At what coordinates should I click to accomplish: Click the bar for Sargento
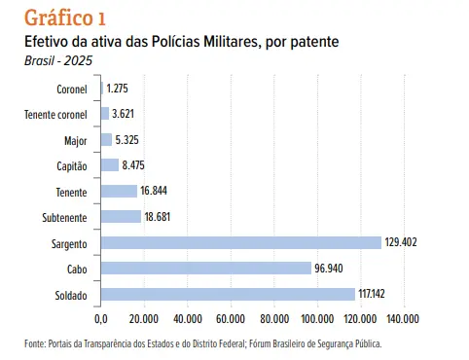click(241, 243)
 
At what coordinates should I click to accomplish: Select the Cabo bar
click(206, 269)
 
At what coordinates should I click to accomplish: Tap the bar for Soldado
click(228, 294)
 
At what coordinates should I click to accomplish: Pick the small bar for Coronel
click(102, 89)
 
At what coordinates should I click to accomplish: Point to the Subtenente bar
click(121, 217)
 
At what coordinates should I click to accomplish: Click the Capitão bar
click(110, 165)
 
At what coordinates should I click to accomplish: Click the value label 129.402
click(401, 242)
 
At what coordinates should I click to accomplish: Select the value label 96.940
click(329, 269)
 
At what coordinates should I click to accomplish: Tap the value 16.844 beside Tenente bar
click(154, 191)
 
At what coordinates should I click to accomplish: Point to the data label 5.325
click(126, 140)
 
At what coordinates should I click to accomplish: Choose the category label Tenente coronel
click(55, 115)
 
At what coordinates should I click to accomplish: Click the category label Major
click(76, 141)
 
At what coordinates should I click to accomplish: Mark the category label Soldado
click(71, 296)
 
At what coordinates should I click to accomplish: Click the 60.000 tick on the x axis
click(231, 319)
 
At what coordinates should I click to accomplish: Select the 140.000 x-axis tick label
click(403, 319)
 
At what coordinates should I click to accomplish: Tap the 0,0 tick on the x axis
click(101, 319)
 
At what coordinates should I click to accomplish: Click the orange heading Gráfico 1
click(65, 18)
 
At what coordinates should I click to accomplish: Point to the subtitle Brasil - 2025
click(58, 60)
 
